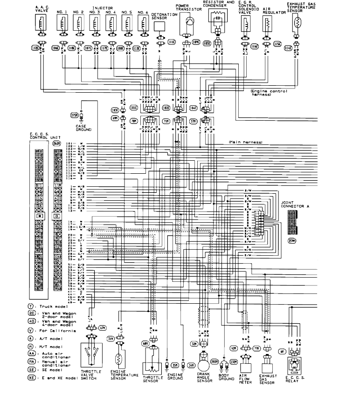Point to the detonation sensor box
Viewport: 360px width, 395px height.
click(161, 27)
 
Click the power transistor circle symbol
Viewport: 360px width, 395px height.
click(189, 22)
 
